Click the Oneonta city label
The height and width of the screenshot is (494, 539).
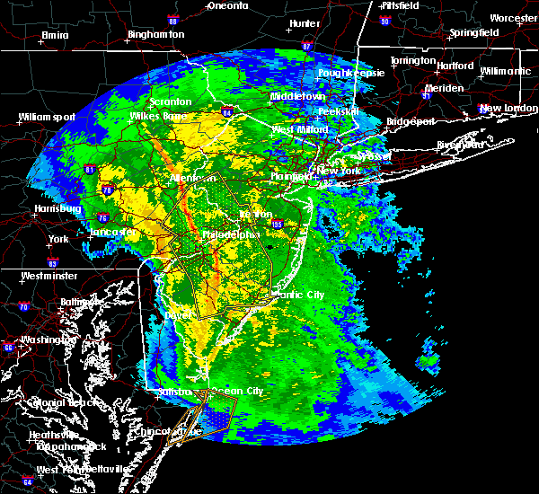click(227, 5)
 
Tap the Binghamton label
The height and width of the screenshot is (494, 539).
click(155, 34)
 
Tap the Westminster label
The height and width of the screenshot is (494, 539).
click(49, 276)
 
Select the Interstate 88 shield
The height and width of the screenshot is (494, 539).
click(199, 19)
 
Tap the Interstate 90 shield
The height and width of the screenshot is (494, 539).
click(384, 20)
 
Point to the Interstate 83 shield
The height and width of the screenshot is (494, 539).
click(52, 262)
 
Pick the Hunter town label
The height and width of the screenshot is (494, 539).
click(305, 22)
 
